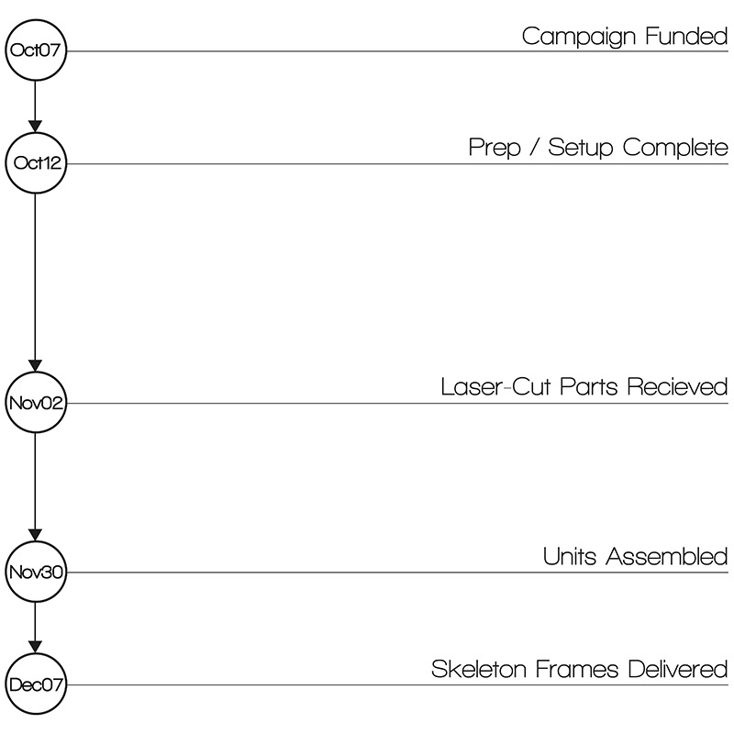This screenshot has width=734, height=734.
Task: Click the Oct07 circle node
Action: point(35,50)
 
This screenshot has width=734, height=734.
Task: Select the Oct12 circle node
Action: point(35,164)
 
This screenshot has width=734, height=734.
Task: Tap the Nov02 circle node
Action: point(35,403)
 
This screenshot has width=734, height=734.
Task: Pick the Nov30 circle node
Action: point(35,573)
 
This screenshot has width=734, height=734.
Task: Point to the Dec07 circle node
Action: point(35,684)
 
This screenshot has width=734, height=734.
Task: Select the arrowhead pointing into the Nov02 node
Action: point(35,364)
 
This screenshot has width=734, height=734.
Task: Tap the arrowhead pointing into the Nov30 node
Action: point(35,534)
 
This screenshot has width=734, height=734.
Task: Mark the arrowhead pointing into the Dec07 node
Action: point(35,646)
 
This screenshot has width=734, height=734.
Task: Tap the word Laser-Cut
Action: point(496,387)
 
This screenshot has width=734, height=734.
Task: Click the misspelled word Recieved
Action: point(677,387)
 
